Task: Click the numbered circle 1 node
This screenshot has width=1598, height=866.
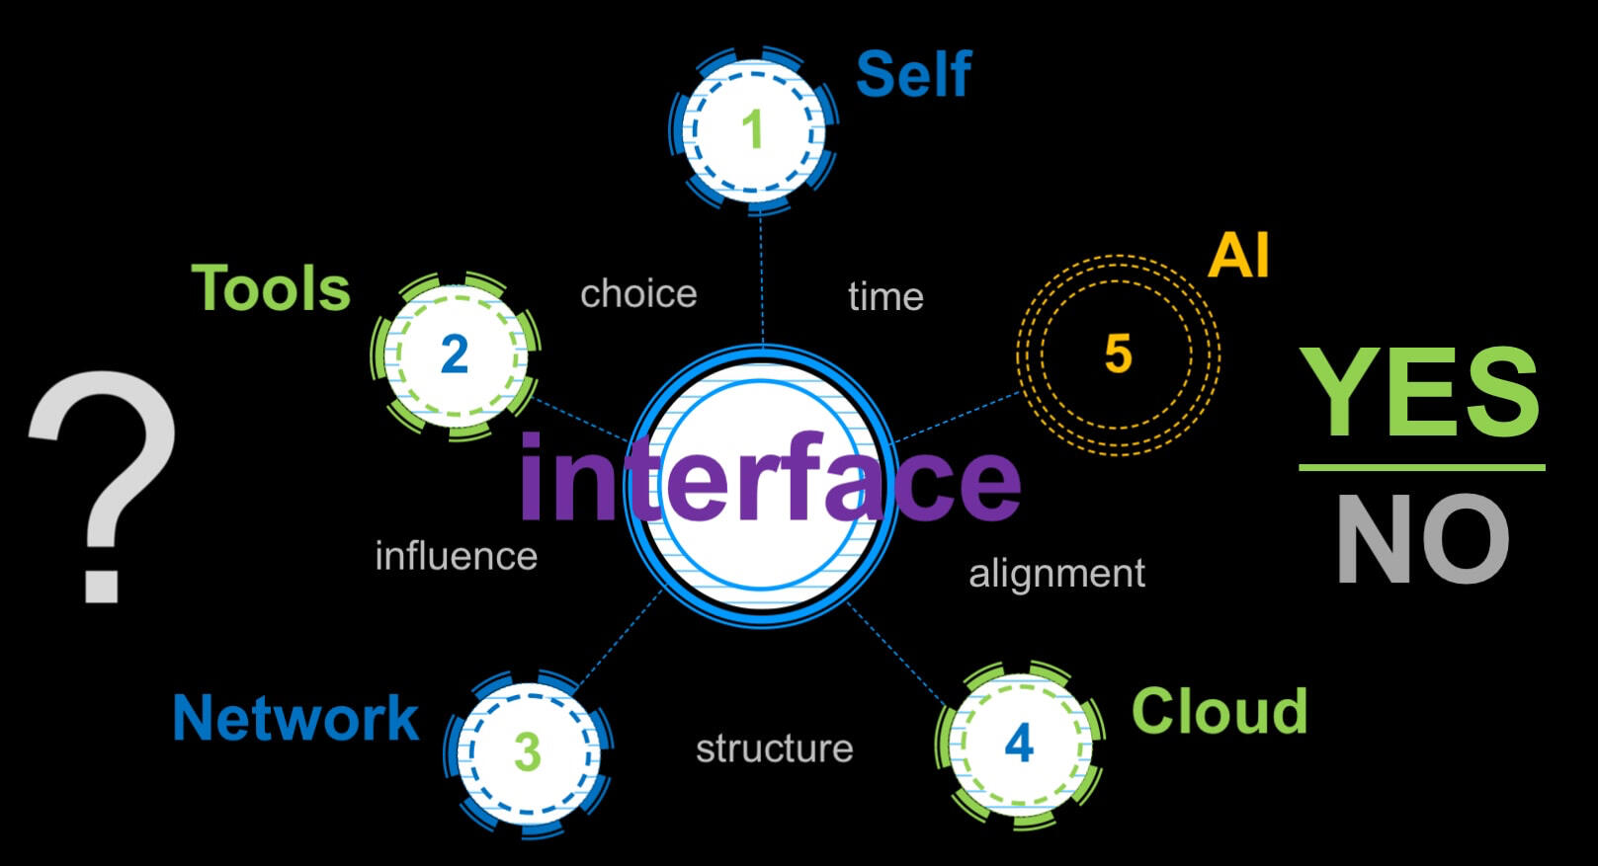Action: (754, 129)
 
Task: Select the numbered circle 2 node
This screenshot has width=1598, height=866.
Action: (455, 354)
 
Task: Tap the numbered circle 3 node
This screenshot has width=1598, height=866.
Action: (528, 752)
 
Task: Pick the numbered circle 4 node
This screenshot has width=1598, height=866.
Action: (1019, 744)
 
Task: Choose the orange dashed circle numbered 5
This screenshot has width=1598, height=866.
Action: (1118, 354)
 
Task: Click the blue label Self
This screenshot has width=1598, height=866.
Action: (913, 75)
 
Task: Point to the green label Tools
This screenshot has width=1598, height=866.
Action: (271, 288)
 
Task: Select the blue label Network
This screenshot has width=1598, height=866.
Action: (295, 718)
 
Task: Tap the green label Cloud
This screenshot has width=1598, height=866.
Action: (1219, 711)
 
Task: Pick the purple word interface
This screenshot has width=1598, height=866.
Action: (769, 479)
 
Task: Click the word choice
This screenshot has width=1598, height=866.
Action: (638, 294)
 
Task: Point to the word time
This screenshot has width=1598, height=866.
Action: (885, 296)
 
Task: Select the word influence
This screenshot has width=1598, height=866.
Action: (456, 557)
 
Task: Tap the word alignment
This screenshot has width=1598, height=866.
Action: (1056, 574)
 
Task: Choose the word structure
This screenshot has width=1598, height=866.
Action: (774, 748)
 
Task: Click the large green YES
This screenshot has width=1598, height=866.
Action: (1419, 392)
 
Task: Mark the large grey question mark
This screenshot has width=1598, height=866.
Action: (103, 484)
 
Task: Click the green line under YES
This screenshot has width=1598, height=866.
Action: (1421, 467)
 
